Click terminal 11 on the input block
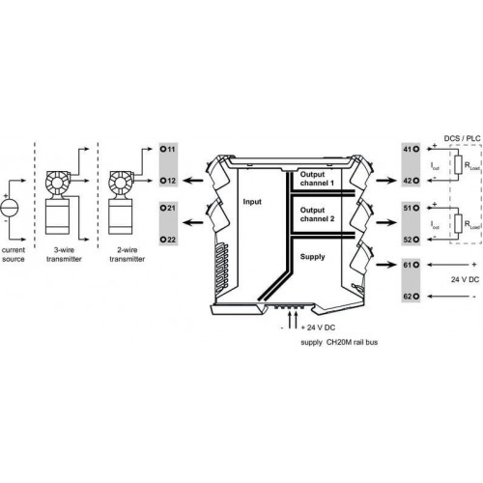click(x=163, y=149)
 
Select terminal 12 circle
click(x=163, y=181)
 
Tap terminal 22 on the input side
click(x=163, y=240)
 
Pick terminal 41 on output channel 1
click(x=416, y=149)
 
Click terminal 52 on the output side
click(x=416, y=240)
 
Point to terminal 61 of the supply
click(x=416, y=265)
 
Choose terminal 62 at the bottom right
click(x=416, y=297)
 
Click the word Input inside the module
click(x=252, y=202)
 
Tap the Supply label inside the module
click(x=312, y=257)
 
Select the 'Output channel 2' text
click(x=317, y=214)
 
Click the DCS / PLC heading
click(x=462, y=138)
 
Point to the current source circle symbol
click(x=10, y=208)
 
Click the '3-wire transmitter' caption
click(x=64, y=254)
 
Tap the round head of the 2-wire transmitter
click(x=120, y=183)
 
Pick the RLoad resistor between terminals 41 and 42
click(x=458, y=165)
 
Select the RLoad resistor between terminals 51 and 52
click(x=458, y=223)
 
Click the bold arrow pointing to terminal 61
click(x=385, y=265)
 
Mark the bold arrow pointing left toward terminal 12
click(x=193, y=181)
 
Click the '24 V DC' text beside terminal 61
click(x=465, y=279)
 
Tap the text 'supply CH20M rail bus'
click(x=339, y=342)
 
